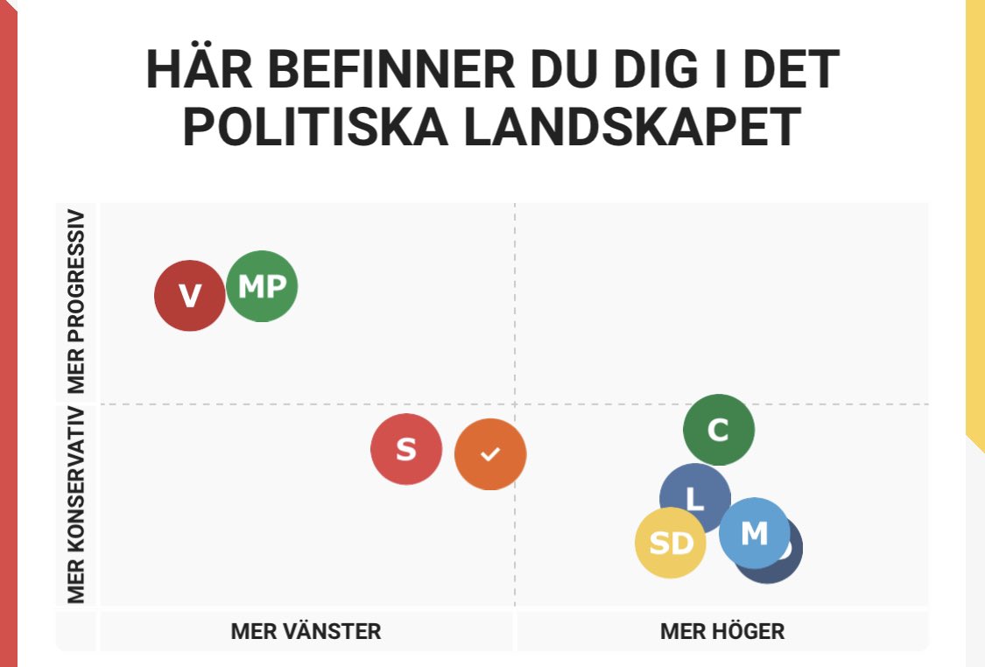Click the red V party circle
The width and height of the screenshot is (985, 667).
coord(190,296)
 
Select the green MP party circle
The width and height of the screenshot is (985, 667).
coord(262,286)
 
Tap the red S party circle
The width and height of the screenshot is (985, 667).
coord(406,449)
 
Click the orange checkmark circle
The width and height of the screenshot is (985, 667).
coord(490,453)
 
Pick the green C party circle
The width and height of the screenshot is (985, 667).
coord(718,430)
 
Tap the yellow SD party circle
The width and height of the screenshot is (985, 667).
coord(670,544)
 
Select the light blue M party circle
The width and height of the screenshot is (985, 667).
coord(754,532)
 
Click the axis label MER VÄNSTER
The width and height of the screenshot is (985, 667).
coord(306,631)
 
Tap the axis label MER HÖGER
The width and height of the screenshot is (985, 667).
coord(722,631)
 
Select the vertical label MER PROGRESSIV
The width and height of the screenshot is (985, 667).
coord(77,302)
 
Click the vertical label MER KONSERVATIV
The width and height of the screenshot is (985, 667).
coord(77,505)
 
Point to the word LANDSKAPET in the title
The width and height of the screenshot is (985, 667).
coord(631,127)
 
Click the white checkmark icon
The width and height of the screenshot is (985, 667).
coord(490,453)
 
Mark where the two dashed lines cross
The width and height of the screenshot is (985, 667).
coord(514,404)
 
